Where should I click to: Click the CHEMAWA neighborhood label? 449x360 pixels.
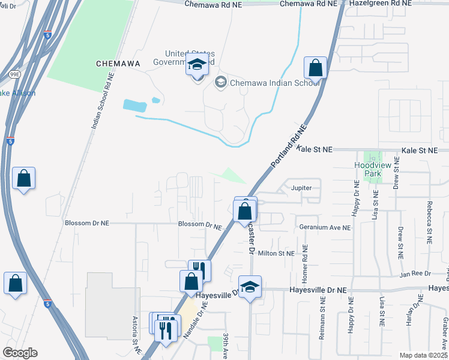(118, 63)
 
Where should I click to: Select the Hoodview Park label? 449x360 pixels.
(367, 169)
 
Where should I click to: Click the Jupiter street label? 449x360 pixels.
(301, 188)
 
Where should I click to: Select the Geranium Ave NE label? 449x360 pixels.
(324, 227)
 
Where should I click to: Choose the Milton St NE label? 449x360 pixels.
(276, 254)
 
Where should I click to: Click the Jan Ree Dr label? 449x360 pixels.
(415, 274)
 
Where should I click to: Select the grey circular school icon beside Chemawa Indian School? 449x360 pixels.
(220, 82)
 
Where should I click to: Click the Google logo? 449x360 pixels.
(19, 353)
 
